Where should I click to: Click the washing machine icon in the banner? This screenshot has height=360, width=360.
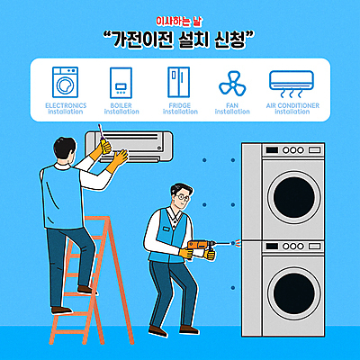coord(66,83)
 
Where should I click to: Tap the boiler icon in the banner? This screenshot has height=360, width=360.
coord(121,83)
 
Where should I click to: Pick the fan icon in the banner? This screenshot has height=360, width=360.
coord(232,84)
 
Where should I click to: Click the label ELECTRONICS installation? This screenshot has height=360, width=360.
coord(65,108)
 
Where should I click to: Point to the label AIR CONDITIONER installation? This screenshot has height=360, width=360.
coord(292,108)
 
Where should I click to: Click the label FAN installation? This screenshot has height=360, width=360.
coord(232,108)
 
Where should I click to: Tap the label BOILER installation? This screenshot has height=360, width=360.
coord(121,108)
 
